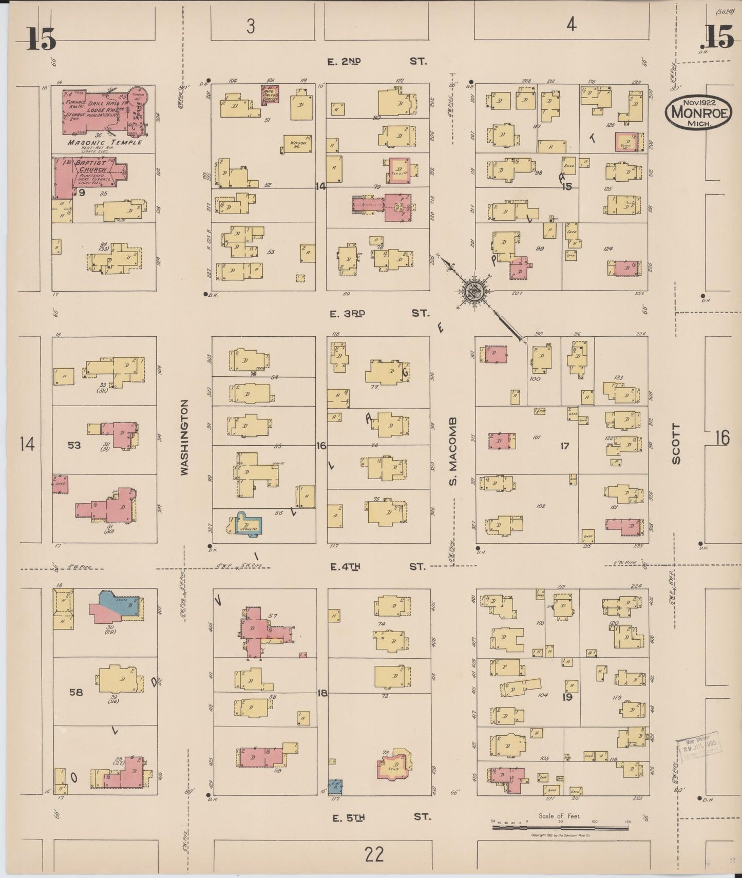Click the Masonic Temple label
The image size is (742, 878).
(x=104, y=142)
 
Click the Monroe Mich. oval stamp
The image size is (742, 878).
(x=698, y=112)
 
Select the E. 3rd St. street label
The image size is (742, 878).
(x=377, y=313)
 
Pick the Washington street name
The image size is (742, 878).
(x=185, y=437)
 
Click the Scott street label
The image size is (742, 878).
(x=676, y=444)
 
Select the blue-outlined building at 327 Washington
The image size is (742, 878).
(x=249, y=525)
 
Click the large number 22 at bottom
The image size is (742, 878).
(x=374, y=855)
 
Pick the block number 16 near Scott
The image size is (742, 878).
(x=721, y=437)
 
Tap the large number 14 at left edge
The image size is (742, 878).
(x=27, y=443)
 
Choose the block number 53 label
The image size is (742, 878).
(x=74, y=445)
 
